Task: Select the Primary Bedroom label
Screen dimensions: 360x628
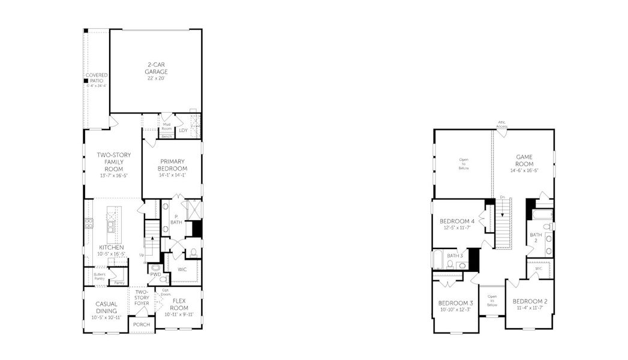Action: [x=172, y=164]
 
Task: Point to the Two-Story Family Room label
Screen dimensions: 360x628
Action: [x=113, y=162]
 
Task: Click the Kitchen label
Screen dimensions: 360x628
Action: [x=112, y=247]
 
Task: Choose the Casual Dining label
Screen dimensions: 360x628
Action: [x=106, y=307]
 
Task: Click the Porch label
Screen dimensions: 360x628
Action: [x=142, y=325]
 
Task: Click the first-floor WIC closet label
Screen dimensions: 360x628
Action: [x=182, y=269]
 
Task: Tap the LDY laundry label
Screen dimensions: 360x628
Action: [x=183, y=130]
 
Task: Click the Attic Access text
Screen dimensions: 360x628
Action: [x=502, y=125]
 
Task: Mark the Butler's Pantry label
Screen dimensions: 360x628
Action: [x=99, y=276]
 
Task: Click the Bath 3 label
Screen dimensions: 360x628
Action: [x=455, y=256]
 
